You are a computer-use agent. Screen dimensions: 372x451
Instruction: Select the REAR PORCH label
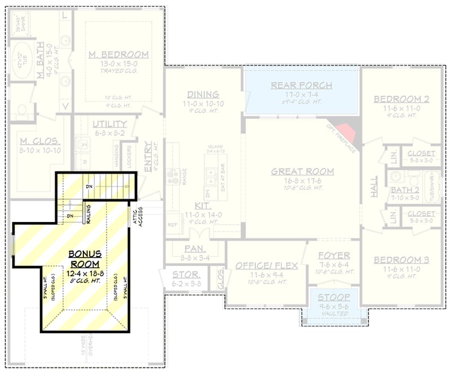(x=302, y=86)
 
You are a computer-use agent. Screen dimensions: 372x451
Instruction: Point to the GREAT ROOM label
(x=302, y=171)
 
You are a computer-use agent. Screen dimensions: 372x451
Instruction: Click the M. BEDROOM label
(x=118, y=55)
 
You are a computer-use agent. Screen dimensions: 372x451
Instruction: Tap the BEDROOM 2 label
(x=401, y=99)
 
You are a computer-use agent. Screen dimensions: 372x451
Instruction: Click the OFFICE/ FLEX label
(x=266, y=265)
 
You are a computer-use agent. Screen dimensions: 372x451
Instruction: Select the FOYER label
(x=334, y=255)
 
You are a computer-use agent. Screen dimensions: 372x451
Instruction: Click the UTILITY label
(x=109, y=124)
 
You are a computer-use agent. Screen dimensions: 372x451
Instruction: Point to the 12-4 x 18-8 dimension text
(x=86, y=273)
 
